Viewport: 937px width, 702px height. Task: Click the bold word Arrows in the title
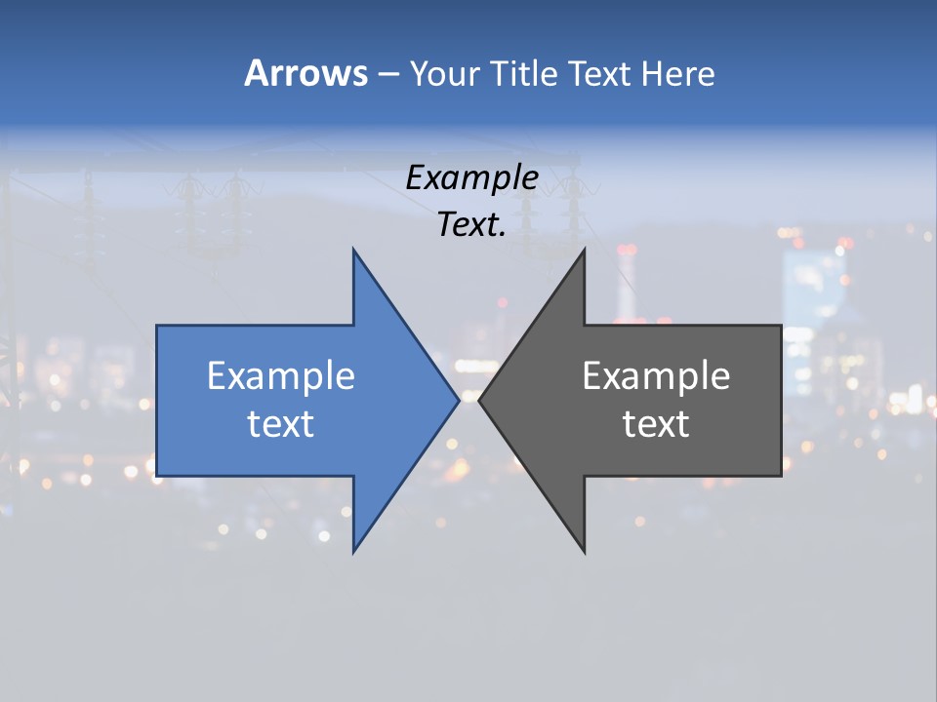tap(306, 73)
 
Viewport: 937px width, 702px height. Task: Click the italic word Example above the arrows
tap(472, 178)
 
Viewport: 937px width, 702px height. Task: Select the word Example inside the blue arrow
tap(281, 376)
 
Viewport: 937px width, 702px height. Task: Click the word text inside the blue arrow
tap(281, 424)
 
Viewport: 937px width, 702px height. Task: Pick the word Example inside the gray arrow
tap(656, 376)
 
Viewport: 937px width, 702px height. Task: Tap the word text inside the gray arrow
tap(656, 424)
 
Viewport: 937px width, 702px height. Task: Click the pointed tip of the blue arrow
tap(459, 401)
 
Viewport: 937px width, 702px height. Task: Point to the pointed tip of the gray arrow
tap(479, 401)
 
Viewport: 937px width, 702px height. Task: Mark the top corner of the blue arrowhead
tap(353, 250)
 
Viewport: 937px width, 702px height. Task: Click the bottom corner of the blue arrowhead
tap(353, 553)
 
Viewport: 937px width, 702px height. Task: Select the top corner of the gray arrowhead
tap(585, 250)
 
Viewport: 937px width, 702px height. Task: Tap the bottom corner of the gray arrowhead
tap(585, 553)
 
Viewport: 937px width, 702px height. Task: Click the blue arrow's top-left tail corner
tap(157, 326)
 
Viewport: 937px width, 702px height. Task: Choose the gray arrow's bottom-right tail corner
tap(781, 476)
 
